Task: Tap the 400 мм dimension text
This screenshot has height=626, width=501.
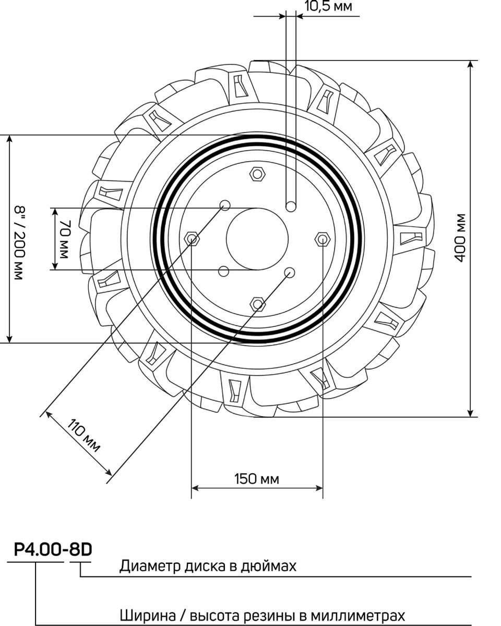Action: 460,238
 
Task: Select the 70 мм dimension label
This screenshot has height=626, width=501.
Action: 64,239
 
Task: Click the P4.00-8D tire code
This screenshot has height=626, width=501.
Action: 50,550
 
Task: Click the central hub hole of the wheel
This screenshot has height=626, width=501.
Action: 257,239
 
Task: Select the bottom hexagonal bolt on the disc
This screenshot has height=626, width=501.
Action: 257,304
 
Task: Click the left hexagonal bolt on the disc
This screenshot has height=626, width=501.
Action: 192,239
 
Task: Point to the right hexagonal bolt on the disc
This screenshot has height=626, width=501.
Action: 322,239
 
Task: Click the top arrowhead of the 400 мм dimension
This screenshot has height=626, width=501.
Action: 471,64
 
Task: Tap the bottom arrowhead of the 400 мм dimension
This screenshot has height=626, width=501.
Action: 471,413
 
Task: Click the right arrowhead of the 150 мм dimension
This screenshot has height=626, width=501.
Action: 319,488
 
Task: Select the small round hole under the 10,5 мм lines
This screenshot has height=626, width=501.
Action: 291,206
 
